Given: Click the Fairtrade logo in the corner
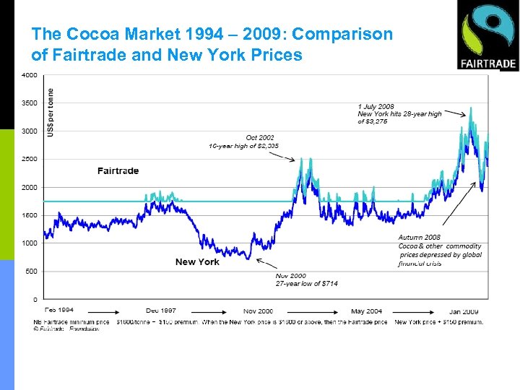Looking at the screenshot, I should click(487, 35).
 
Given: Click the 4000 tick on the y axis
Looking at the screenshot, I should click(30, 75).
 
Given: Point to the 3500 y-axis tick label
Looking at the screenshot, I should click(30, 103).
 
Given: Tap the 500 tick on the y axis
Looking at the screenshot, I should click(32, 272).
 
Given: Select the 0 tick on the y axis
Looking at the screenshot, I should click(35, 299).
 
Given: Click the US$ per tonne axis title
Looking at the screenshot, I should click(51, 112).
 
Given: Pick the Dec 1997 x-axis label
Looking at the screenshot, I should click(160, 311).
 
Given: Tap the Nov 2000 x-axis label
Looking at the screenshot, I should click(259, 311).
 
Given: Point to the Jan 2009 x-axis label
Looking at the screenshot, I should click(467, 311).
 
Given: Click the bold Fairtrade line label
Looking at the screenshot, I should click(118, 171).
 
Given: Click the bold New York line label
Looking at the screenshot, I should click(197, 261).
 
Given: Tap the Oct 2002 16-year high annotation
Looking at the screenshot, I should click(243, 142).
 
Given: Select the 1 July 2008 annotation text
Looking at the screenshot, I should click(399, 114).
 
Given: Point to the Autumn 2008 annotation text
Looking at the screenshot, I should click(439, 250).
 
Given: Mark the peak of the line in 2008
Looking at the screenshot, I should click(471, 108).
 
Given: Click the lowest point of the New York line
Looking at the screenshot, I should click(248, 259).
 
